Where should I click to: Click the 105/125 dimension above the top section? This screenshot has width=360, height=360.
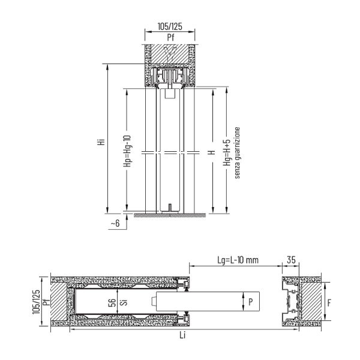click(x=170, y=26)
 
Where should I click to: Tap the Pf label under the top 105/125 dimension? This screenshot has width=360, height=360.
click(x=170, y=37)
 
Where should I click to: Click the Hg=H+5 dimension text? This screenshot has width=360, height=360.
click(x=227, y=152)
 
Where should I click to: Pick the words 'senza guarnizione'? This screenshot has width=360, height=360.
click(x=237, y=152)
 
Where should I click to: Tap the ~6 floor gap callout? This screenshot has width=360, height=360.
click(x=115, y=223)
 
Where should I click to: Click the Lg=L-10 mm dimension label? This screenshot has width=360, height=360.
click(x=238, y=260)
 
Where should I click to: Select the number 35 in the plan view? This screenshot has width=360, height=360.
click(x=291, y=260)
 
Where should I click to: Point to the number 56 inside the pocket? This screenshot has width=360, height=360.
click(x=112, y=302)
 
